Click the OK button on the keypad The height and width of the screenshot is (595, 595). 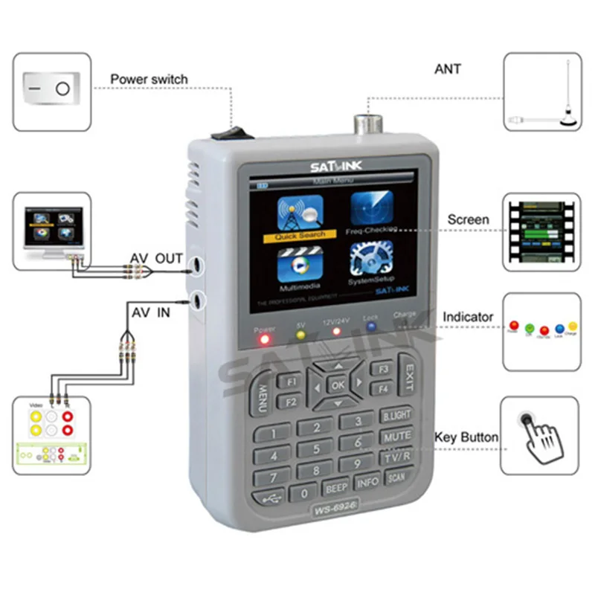pos(338,385)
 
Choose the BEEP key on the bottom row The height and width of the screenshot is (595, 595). pos(336,489)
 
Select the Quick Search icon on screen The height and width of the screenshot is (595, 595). pos(299,214)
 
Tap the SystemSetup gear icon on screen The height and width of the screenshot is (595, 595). pos(371,262)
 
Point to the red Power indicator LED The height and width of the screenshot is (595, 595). pos(264,341)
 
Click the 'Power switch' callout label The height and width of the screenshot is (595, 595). pos(149,79)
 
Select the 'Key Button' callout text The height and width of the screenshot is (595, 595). pos(466,437)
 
